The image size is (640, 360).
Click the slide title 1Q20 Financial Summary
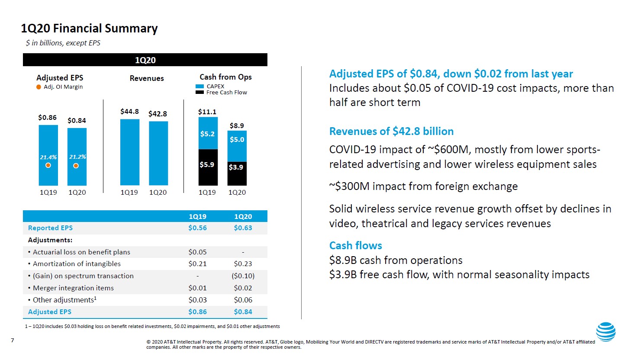pyautogui.click(x=89, y=29)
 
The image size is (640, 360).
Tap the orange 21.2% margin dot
pyautogui.click(x=76, y=166)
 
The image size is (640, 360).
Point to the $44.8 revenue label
pyautogui.click(x=129, y=112)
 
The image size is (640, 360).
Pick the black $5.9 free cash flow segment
pyautogui.click(x=207, y=167)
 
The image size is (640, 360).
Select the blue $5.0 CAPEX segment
pyautogui.click(x=237, y=146)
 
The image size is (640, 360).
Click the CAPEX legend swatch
pyautogui.click(x=199, y=87)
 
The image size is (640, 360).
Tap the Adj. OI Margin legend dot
pyautogui.click(x=39, y=87)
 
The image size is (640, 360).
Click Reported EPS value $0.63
pyautogui.click(x=243, y=228)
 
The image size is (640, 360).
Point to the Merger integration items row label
pyautogui.click(x=73, y=288)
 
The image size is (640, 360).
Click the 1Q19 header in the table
pyautogui.click(x=197, y=216)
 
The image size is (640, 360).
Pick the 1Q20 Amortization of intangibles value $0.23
pyautogui.click(x=243, y=264)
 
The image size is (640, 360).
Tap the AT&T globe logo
pyautogui.click(x=605, y=332)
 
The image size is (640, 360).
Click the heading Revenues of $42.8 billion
pyautogui.click(x=391, y=132)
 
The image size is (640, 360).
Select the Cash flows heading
pyautogui.click(x=355, y=246)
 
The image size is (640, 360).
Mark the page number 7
pyautogui.click(x=13, y=341)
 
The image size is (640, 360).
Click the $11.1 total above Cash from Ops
pyautogui.click(x=207, y=112)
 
